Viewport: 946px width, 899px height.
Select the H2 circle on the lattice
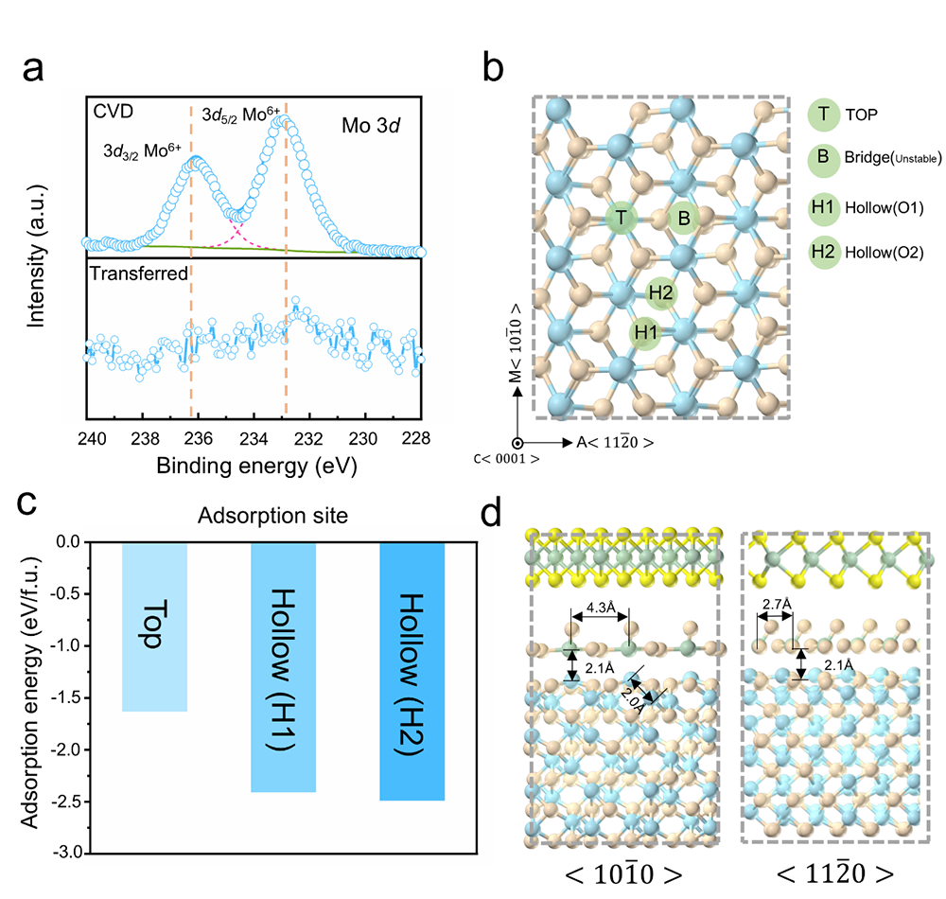(660, 293)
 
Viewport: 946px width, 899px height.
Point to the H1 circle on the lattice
(646, 333)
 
